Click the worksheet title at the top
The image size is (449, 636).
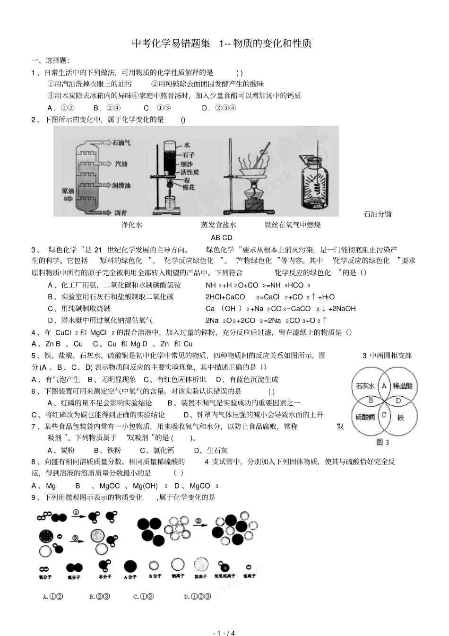tap(222, 44)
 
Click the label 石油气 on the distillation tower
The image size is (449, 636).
tap(121, 142)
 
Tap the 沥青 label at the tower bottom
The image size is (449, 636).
tap(121, 212)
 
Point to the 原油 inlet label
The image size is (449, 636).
tap(68, 191)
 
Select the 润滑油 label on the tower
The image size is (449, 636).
tap(121, 185)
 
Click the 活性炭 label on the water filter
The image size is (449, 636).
tap(190, 172)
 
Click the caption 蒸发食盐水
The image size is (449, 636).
tap(218, 225)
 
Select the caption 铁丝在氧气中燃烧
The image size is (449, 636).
tap(293, 225)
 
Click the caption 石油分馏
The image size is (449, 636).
tap(377, 214)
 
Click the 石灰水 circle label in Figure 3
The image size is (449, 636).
tap(365, 386)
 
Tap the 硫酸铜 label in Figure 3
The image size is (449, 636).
tap(365, 417)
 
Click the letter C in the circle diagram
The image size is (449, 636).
tap(384, 415)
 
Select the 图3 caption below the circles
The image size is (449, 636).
tap(382, 442)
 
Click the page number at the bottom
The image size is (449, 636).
tap(224, 633)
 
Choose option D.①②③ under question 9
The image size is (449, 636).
tap(198, 597)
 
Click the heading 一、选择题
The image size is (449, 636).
tap(50, 61)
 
